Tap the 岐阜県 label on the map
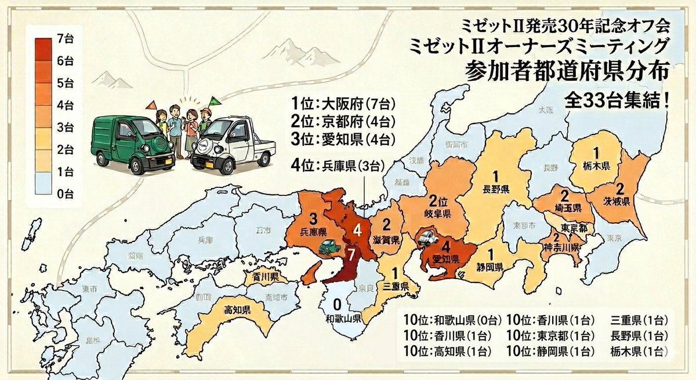tap(436, 213)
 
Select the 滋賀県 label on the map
tap(385, 239)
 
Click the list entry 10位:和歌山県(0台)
tap(450, 320)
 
